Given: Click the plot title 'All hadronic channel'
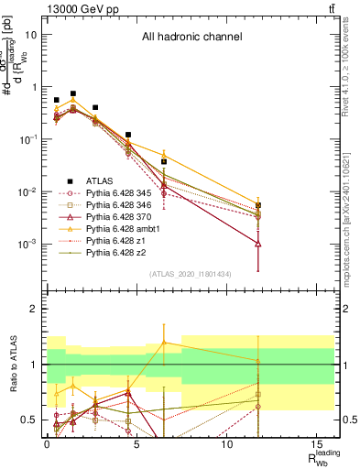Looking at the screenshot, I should pyautogui.click(x=191, y=38).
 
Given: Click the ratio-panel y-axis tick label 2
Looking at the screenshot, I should pyautogui.click(x=34, y=310).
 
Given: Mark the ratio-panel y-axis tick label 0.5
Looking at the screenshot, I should pyautogui.click(x=30, y=420).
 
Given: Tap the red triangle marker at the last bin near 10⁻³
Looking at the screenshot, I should pyautogui.click(x=258, y=244).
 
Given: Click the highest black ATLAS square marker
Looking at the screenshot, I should pyautogui.click(x=73, y=93).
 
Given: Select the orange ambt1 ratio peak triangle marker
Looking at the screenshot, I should pyautogui.click(x=164, y=343).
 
